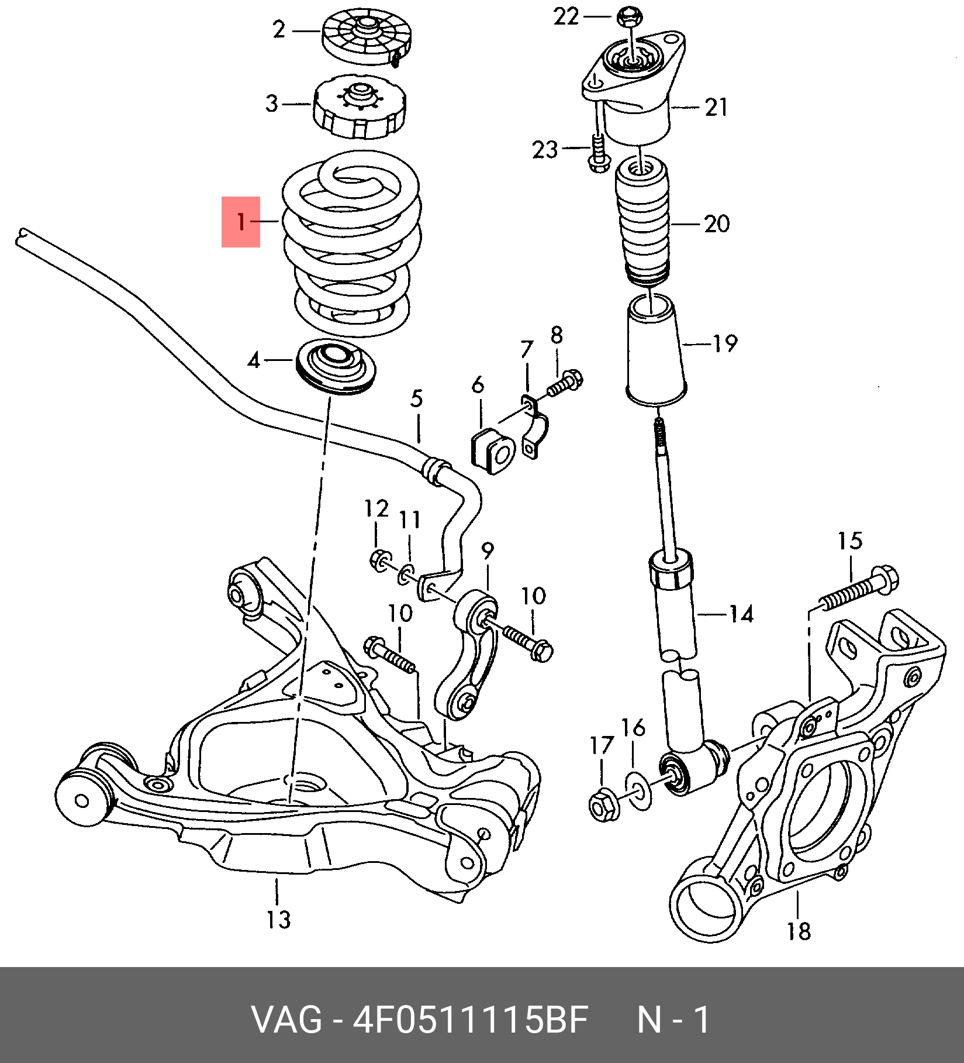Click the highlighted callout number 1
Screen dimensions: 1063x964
[x=241, y=222]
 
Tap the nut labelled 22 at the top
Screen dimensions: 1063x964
[x=628, y=16]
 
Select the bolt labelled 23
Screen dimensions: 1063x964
[x=597, y=154]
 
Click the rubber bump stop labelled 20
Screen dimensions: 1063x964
[x=643, y=222]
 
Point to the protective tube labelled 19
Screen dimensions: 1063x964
[x=655, y=351]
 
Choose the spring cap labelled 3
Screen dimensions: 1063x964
[x=359, y=106]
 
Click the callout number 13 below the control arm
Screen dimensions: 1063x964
[x=279, y=919]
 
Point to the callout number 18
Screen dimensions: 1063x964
[x=799, y=931]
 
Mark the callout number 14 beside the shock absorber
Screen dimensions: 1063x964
[x=741, y=614]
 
